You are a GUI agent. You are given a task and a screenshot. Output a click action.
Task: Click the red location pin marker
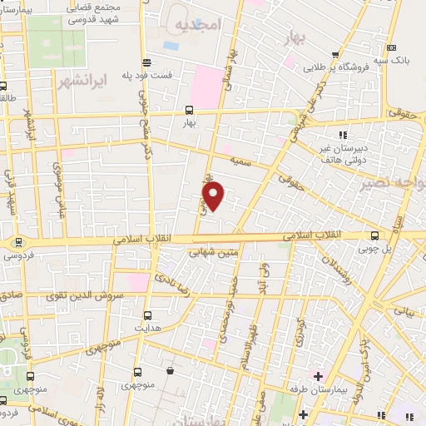pyautogui.click(x=214, y=196)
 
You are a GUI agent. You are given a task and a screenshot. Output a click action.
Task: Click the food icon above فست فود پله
pyautogui.click(x=147, y=61)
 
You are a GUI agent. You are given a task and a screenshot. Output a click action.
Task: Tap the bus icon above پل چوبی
pyautogui.click(x=375, y=235)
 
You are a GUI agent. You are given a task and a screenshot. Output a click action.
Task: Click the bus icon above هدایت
pyautogui.click(x=147, y=315)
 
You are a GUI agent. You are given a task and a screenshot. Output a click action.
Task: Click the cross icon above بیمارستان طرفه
pyautogui.click(x=318, y=377)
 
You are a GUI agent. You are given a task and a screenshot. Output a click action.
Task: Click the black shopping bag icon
pyautogui.click(x=171, y=371)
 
